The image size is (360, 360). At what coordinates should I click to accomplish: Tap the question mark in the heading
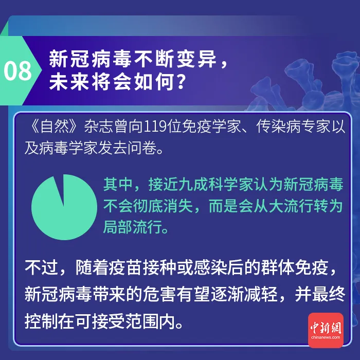pos(178,82)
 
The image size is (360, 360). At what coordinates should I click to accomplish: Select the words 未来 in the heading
pos(66,82)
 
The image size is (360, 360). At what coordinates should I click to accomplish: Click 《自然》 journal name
pos(54,127)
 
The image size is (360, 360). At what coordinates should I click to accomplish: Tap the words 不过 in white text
pos(41,268)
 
